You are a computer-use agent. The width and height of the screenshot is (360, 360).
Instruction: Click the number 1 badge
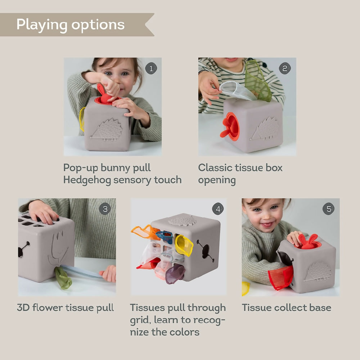[151, 68]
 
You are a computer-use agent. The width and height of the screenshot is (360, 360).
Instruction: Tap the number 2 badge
[285, 68]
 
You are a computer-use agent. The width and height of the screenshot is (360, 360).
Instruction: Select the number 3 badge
[105, 209]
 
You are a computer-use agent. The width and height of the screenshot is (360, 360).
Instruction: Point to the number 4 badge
[217, 208]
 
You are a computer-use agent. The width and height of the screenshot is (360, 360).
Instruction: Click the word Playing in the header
[42, 24]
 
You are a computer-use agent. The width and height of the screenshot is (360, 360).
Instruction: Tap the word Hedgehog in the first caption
[87, 180]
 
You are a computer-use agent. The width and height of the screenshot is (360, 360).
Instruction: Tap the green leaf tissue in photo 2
[258, 81]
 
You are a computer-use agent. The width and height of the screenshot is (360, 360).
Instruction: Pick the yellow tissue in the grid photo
[184, 246]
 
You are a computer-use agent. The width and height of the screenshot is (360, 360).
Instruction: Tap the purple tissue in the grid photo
[176, 273]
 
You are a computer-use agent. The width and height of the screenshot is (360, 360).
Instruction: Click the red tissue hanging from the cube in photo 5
[281, 278]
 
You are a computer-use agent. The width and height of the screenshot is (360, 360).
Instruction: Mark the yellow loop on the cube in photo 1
[82, 119]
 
